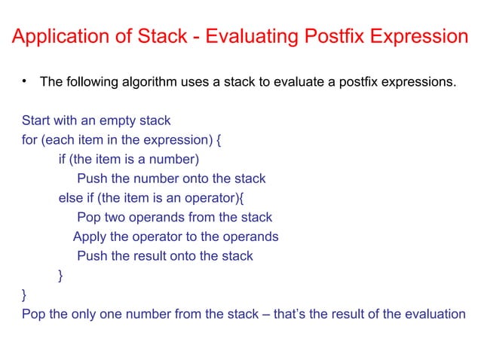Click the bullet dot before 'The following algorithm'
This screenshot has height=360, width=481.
coord(25,80)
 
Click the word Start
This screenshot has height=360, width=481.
coord(35,121)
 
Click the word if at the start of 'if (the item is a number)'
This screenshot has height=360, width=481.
coord(63,160)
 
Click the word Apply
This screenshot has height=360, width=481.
coord(90,237)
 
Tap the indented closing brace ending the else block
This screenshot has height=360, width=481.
coord(61,276)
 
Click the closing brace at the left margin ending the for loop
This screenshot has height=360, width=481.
coord(25,295)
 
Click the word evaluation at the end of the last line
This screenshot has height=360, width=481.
coord(436,314)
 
